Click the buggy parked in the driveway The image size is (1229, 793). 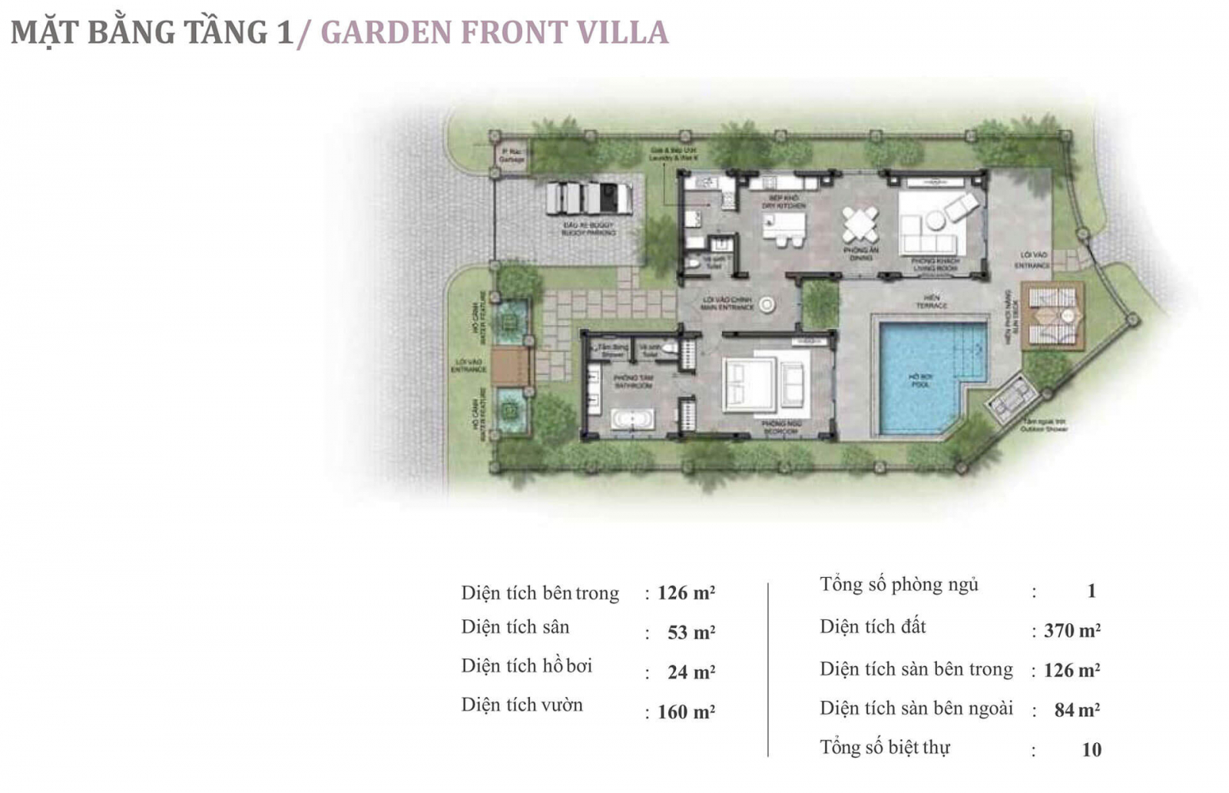pos(589,198)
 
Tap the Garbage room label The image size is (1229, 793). pos(512,155)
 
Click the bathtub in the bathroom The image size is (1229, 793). pos(633,419)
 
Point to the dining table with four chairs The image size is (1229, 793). pos(860,224)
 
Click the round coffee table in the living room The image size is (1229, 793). pos(935,221)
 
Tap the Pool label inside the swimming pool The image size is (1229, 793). pos(919,380)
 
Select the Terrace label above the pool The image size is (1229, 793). pos(931,301)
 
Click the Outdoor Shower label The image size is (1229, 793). pos(1044,426)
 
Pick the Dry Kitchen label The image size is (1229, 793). pos(783,202)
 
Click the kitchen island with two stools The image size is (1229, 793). pos(784,227)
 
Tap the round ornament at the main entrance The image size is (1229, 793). pos(767,305)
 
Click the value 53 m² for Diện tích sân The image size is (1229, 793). pos(691,632)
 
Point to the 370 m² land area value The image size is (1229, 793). pos(1072,631)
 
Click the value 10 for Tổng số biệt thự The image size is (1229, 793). pos(1091,749)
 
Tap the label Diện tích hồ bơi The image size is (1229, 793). pos(526,666)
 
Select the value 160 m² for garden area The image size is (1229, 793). pos(686,712)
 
